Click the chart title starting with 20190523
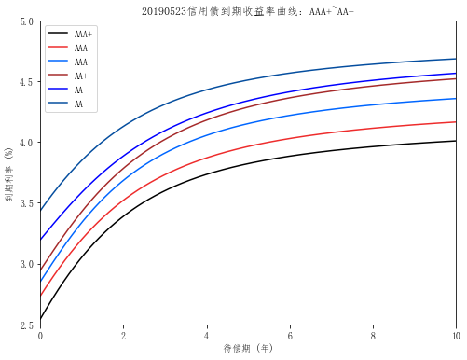[248, 11]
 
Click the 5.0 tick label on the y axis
[28, 21]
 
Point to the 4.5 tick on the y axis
[28, 82]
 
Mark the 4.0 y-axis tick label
[28, 143]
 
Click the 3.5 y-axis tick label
[28, 203]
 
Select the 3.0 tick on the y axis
[28, 264]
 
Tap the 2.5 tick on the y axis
[28, 325]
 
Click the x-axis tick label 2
[123, 335]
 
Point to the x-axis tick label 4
[206, 335]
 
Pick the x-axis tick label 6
[290, 335]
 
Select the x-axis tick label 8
[373, 335]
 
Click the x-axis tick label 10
[455, 335]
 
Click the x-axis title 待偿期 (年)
[248, 349]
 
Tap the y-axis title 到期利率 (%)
[9, 173]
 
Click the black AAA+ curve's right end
[456, 141]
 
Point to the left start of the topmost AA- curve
[41, 211]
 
